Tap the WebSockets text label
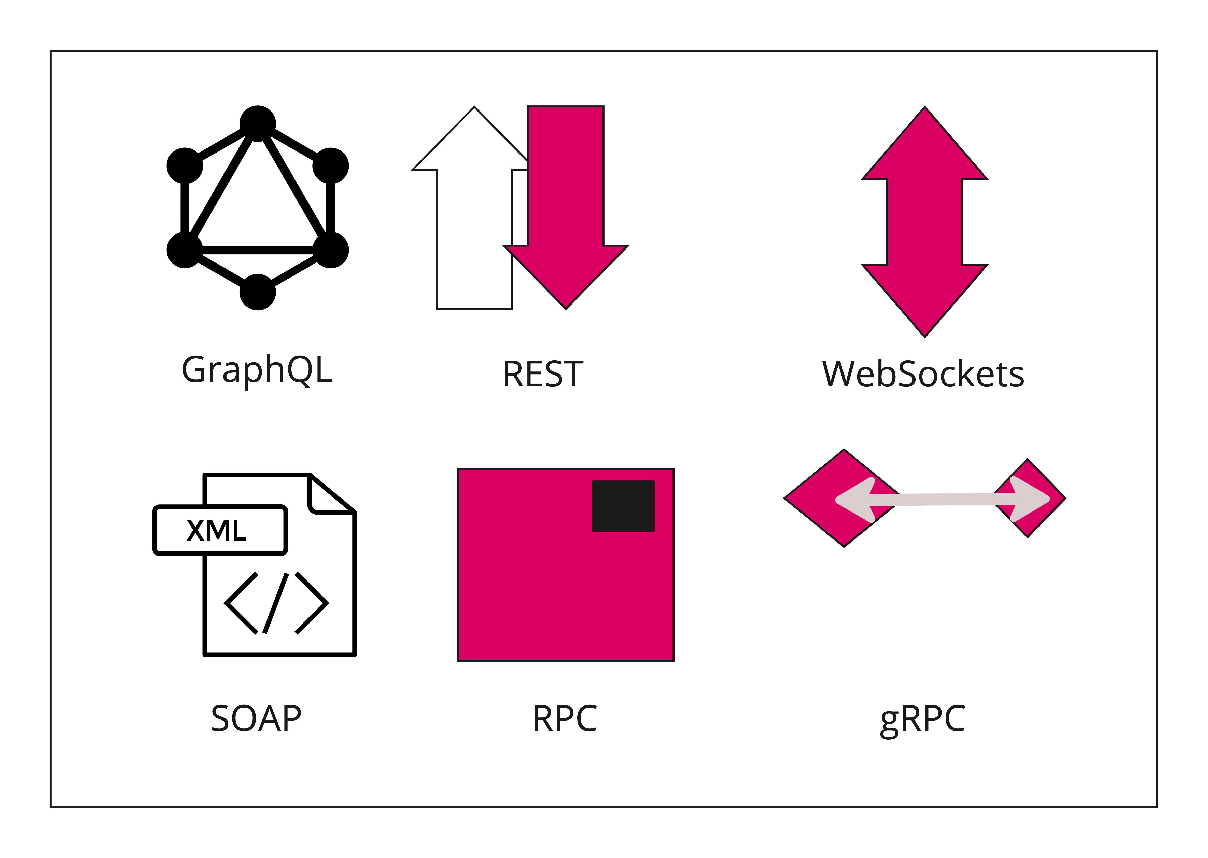click(923, 374)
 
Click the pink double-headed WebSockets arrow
click(924, 222)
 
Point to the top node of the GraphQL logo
click(258, 124)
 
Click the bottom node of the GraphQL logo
click(258, 292)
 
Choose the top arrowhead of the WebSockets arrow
click(924, 148)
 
